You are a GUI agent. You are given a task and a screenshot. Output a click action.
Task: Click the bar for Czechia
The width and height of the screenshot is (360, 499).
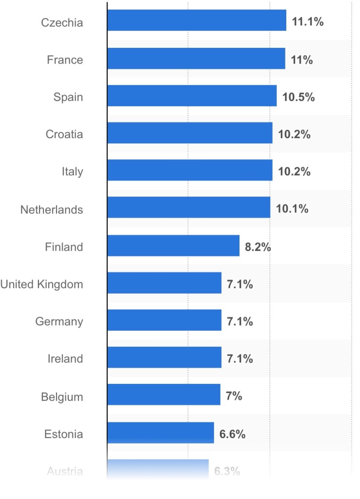click(x=197, y=20)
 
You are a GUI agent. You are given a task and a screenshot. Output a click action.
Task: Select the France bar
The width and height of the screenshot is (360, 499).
click(x=196, y=59)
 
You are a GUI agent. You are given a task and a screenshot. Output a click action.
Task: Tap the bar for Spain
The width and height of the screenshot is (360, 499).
click(x=192, y=96)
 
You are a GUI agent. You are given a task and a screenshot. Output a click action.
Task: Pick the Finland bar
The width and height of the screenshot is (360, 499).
click(x=173, y=245)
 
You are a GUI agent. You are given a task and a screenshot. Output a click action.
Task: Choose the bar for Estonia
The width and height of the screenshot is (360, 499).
click(x=160, y=433)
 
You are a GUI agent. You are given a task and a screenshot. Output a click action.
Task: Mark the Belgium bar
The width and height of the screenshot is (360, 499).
click(x=164, y=395)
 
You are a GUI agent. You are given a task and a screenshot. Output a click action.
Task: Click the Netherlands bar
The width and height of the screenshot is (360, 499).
click(x=189, y=208)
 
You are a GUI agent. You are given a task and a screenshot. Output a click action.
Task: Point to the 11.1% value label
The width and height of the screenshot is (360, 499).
click(x=308, y=22)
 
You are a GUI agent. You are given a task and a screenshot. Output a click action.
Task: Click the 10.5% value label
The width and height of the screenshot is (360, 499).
click(x=299, y=97)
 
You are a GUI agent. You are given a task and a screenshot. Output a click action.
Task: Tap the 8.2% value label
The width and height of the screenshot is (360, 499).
click(x=258, y=247)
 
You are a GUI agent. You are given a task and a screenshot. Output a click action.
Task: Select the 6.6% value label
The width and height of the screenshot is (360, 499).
click(x=232, y=434)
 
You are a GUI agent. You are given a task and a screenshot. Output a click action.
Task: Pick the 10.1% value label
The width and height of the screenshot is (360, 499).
click(x=292, y=209)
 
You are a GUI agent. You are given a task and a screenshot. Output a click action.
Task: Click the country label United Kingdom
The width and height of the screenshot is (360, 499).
click(x=41, y=284)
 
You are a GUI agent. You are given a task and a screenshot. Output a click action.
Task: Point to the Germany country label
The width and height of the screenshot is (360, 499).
click(x=59, y=322)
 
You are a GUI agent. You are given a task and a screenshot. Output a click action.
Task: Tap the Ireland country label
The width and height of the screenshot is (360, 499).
click(x=65, y=359)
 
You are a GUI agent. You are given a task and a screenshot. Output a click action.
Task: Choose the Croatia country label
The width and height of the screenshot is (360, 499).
click(x=64, y=134)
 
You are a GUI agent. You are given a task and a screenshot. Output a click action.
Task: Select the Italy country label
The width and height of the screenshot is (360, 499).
click(x=72, y=172)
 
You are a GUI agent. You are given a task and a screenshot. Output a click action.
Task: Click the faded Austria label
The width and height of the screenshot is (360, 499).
click(x=65, y=471)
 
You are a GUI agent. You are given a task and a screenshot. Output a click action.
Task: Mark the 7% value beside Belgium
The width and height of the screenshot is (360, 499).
click(x=234, y=396)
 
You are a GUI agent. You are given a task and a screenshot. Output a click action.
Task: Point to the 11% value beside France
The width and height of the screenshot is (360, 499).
click(x=302, y=60)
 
